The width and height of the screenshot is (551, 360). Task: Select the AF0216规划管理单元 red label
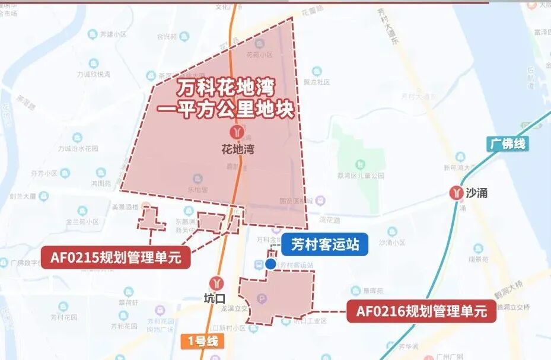tap(421, 311)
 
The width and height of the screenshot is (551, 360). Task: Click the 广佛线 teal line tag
tap(508, 144)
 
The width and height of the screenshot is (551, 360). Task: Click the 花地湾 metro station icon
tap(237, 131)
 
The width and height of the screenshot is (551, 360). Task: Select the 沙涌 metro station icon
tap(456, 192)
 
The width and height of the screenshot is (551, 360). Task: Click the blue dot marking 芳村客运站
tap(270, 263)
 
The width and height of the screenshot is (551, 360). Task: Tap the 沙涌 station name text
tap(477, 193)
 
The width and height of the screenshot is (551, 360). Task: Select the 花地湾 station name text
tap(237, 149)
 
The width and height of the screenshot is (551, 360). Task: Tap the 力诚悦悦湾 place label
tap(94, 75)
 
